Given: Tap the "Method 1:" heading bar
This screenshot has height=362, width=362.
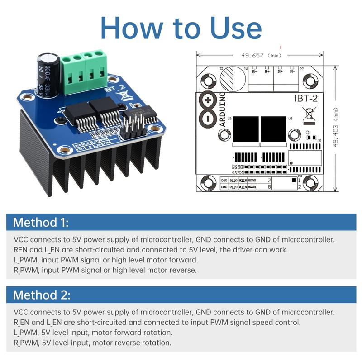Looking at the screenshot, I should (181, 223).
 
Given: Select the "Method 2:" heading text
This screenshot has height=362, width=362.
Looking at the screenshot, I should (42, 295).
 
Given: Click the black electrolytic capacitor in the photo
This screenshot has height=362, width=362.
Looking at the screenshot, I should (48, 75).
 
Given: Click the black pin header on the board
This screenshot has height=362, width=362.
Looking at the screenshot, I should (133, 126).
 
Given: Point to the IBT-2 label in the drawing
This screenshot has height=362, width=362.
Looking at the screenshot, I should (309, 97).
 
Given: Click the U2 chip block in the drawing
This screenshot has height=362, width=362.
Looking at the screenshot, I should (245, 130).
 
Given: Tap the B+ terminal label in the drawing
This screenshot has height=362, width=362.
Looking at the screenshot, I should (267, 71).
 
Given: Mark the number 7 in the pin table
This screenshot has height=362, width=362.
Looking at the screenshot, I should (269, 180).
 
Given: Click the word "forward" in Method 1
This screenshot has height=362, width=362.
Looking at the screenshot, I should (185, 260).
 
